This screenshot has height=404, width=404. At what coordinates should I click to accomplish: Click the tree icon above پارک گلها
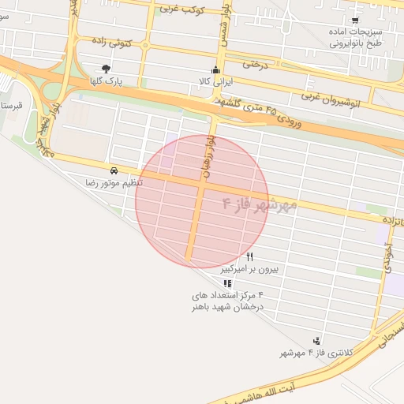tap(106, 69)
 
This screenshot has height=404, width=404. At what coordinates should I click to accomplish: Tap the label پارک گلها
tap(107, 81)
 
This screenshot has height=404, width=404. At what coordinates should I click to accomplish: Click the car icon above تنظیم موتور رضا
tap(115, 170)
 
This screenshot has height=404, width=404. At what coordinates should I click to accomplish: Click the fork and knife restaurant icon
tap(250, 256)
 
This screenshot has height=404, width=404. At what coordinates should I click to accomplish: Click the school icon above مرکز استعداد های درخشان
tap(227, 282)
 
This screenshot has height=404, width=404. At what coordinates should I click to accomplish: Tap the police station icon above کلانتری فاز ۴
tap(316, 340)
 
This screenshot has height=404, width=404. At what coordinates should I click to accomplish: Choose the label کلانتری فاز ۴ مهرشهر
tap(316, 353)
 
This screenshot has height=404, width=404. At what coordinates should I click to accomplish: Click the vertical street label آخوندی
tap(388, 256)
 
